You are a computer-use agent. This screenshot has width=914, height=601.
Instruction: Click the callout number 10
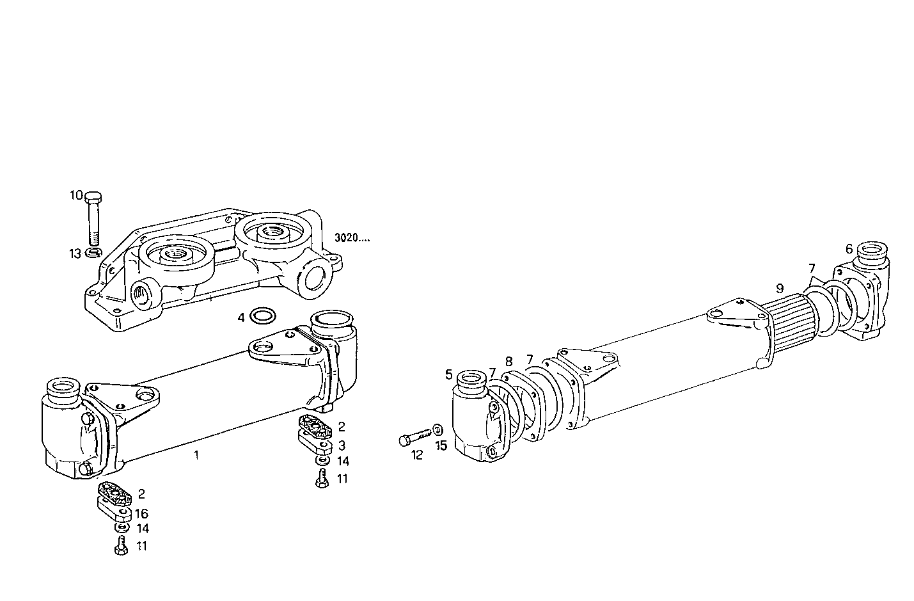pyautogui.click(x=76, y=195)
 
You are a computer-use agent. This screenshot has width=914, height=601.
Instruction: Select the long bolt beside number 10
pyautogui.click(x=93, y=218)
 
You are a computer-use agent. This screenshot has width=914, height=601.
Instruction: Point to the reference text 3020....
pyautogui.click(x=352, y=238)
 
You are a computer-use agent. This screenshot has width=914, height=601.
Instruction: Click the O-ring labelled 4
pyautogui.click(x=261, y=316)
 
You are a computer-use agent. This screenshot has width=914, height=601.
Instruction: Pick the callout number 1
pyautogui.click(x=196, y=455)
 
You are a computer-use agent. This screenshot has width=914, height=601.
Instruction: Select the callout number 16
pyautogui.click(x=141, y=513)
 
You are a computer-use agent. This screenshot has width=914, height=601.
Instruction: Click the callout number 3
pyautogui.click(x=342, y=445)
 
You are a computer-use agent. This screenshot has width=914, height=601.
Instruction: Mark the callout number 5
pyautogui.click(x=449, y=374)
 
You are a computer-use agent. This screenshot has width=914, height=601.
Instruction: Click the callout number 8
pyautogui.click(x=509, y=362)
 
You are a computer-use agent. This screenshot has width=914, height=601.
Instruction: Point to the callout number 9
pyautogui.click(x=780, y=287)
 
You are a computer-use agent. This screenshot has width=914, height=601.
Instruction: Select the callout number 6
pyautogui.click(x=849, y=248)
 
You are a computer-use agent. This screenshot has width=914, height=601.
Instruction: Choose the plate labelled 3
pyautogui.click(x=315, y=440)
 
